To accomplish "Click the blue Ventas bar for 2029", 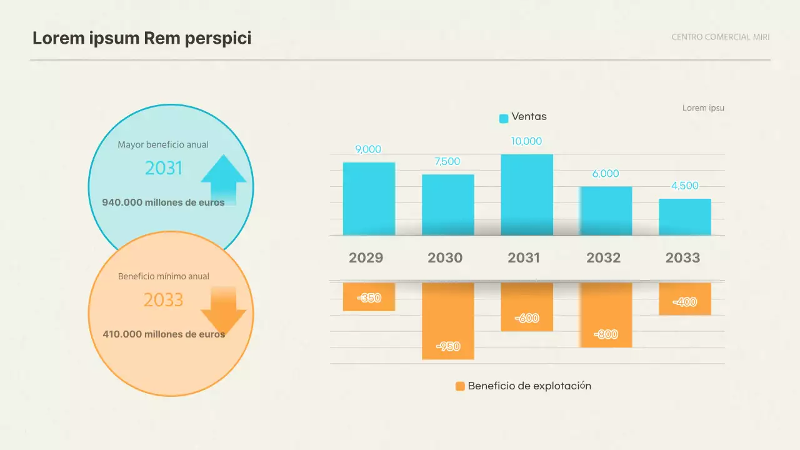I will tap(369, 199).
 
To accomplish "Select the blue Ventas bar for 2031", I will tap(527, 194).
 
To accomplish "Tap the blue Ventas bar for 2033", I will tap(685, 217).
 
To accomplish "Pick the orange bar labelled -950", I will tap(448, 321).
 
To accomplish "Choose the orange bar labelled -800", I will tap(606, 314).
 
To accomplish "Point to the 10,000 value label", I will tap(526, 141).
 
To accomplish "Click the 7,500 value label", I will tap(447, 161).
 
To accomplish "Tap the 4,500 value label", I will tap(684, 186).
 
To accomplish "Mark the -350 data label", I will tap(369, 298).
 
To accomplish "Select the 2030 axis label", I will tap(445, 257).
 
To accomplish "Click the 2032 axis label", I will tap(603, 257).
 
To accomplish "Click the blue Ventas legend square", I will tap(504, 118).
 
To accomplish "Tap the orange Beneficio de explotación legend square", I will tap(460, 386).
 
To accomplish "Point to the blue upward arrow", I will tap(223, 179).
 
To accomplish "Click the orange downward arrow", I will tap(223, 310).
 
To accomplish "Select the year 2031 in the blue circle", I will tap(163, 168).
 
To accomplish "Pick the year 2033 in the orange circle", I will tap(163, 300).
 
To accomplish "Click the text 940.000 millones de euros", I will tap(163, 202).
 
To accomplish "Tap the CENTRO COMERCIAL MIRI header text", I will tap(721, 37).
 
